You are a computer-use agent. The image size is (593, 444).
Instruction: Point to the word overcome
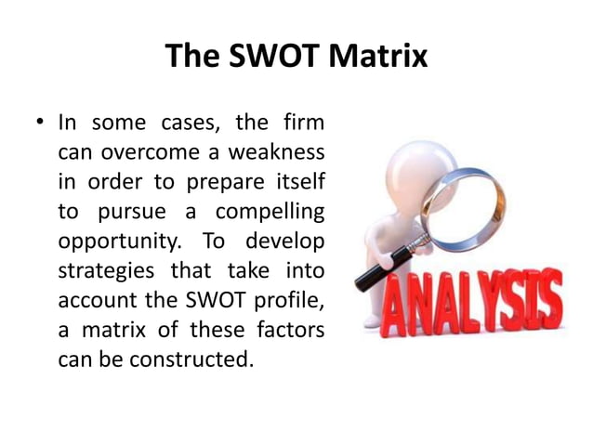152,151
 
